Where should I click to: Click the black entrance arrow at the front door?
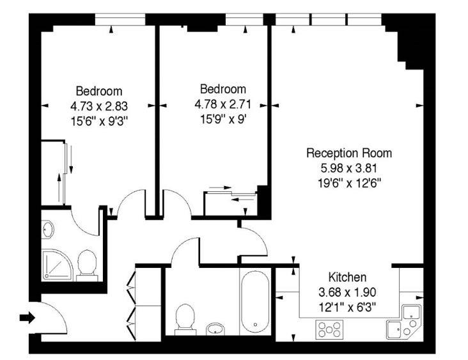point(27,318)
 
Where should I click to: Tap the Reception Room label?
point(349,153)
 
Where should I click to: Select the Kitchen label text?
point(347,278)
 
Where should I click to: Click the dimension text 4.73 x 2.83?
point(99,106)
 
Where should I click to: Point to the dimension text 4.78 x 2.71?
point(222,104)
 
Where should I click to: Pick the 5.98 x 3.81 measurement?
point(349,168)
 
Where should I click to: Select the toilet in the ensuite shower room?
point(87,265)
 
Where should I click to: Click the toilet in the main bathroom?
point(185,320)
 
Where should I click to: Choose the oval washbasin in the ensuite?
point(47,230)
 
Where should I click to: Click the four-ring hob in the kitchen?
point(329,329)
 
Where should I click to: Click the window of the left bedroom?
point(120,19)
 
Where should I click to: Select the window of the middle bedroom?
point(244,19)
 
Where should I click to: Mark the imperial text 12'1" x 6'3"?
point(347,307)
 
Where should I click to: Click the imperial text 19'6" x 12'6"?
point(349,182)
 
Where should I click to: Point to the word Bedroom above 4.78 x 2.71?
point(223,89)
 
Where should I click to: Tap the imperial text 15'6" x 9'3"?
point(99,121)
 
